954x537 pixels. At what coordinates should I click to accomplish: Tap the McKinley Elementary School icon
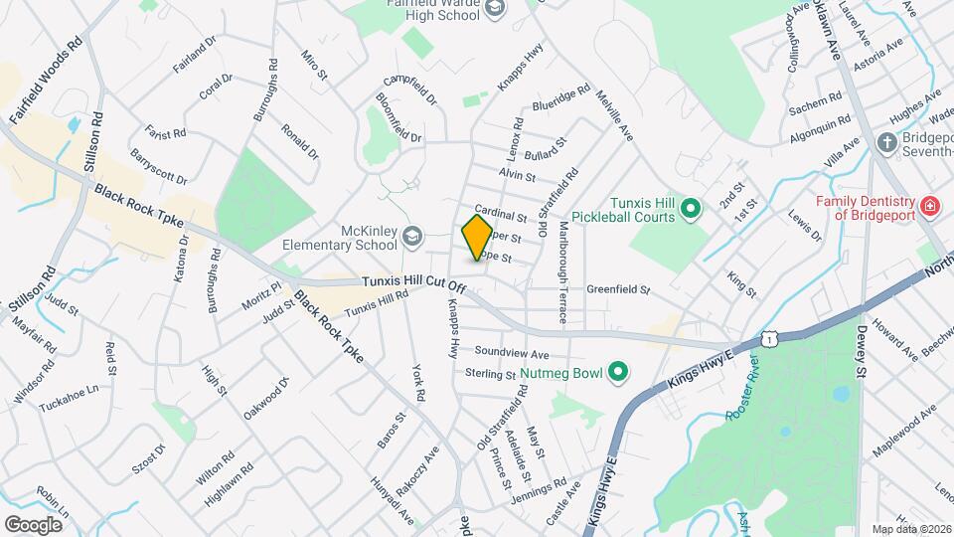coord(412,236)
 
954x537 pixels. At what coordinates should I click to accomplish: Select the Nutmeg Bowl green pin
coord(618,373)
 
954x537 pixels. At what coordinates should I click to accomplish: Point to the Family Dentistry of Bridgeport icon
coord(929,206)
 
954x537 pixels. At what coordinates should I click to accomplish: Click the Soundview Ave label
coord(512,353)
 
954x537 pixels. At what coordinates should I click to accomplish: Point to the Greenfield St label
coord(617,290)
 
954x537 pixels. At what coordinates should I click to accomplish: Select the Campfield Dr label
coord(409,90)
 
